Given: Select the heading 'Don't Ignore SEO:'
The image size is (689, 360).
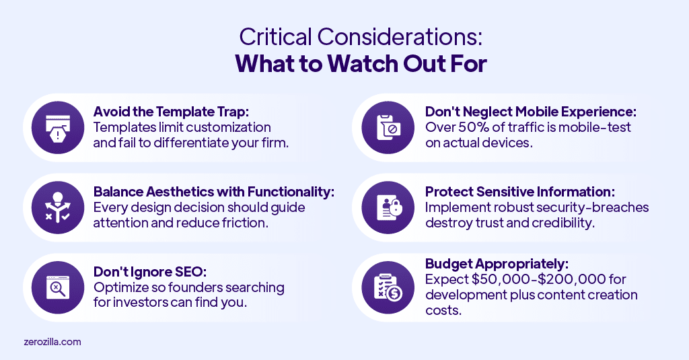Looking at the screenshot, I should pyautogui.click(x=149, y=272).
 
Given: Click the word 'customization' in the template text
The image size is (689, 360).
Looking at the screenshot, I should pyautogui.click(x=226, y=127).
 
